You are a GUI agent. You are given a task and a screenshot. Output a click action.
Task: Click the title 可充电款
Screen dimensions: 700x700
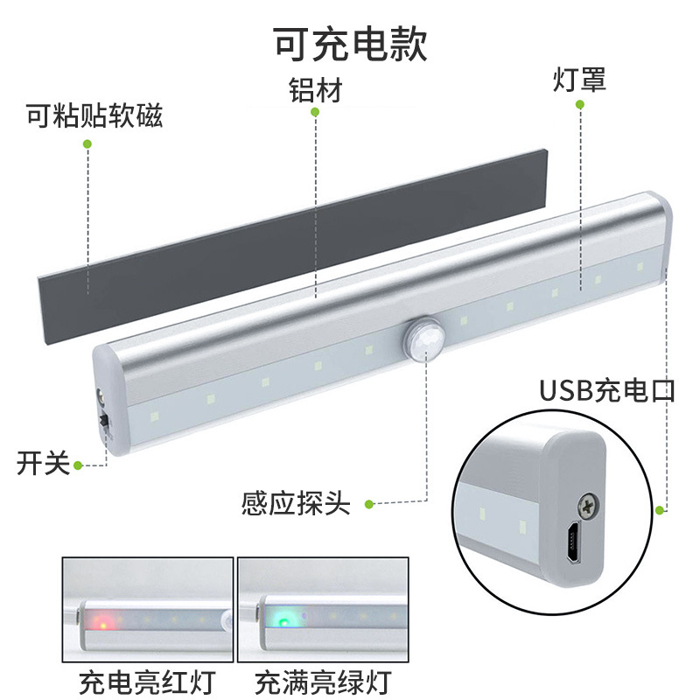tap(350, 42)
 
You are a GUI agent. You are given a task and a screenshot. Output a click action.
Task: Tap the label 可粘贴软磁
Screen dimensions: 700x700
tap(94, 116)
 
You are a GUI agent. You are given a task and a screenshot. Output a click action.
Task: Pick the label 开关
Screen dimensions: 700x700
tap(42, 463)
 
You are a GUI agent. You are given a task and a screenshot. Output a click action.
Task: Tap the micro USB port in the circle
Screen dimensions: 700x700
tap(570, 546)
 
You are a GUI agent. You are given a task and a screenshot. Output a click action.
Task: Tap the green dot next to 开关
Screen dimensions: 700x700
tap(78, 465)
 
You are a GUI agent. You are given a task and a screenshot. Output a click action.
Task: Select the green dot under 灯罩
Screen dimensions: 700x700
tap(579, 105)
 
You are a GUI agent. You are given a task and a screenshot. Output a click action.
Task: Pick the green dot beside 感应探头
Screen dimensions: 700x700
tap(369, 504)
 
